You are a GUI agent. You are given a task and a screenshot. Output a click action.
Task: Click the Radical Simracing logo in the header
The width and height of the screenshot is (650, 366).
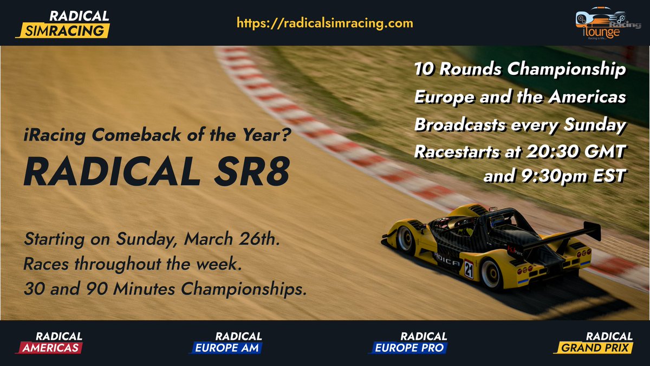[x=63, y=23]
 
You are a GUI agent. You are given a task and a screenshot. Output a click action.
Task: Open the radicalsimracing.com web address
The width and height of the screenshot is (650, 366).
[x=325, y=23]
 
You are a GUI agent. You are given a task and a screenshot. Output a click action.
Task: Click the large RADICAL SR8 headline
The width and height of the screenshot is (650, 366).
[x=157, y=171]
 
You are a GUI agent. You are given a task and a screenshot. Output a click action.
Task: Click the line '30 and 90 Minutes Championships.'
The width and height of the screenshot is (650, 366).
[x=162, y=290]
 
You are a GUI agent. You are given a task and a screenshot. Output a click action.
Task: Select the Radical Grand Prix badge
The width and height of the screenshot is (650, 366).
[x=596, y=343]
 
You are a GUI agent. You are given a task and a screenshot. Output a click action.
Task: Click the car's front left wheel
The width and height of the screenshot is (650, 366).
[x=405, y=239]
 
